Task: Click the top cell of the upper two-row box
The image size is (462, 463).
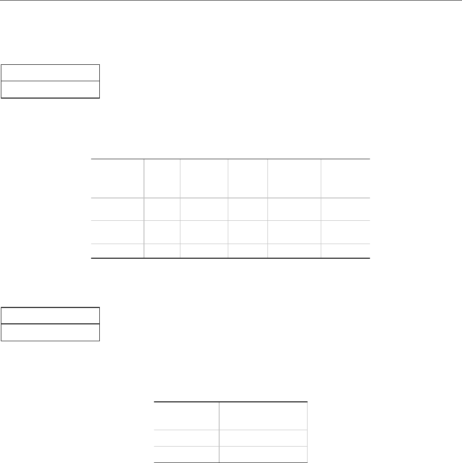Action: click(x=50, y=73)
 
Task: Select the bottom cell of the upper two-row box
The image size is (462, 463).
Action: click(x=50, y=89)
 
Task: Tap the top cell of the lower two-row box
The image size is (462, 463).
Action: click(x=50, y=316)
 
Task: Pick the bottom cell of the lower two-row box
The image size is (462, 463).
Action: click(x=50, y=332)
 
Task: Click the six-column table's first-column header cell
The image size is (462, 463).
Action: click(x=118, y=178)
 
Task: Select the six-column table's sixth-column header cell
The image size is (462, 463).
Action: click(x=345, y=178)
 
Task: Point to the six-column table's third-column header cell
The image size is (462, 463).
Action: click(x=204, y=178)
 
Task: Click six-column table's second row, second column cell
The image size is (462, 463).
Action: click(x=162, y=209)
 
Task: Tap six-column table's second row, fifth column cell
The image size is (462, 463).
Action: click(x=294, y=209)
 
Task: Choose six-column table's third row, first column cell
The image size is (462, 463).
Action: click(x=118, y=232)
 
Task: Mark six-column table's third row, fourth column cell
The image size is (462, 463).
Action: click(x=247, y=232)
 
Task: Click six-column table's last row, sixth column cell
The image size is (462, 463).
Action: click(x=345, y=251)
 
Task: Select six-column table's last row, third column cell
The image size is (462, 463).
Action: click(x=204, y=251)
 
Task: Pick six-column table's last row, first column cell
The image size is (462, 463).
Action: click(x=118, y=251)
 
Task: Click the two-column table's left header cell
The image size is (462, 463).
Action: click(x=186, y=416)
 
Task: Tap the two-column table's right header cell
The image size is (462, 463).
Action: click(x=263, y=416)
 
